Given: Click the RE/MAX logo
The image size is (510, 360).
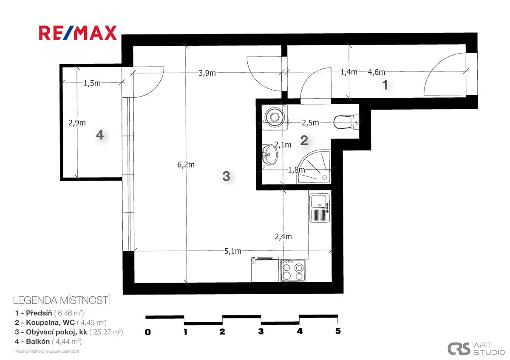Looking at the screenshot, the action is [78, 33].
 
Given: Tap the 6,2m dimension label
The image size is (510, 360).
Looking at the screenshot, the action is [186, 164].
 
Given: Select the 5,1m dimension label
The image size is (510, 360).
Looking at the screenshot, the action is [233, 251].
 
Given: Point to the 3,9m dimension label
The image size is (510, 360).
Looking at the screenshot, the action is [207, 73].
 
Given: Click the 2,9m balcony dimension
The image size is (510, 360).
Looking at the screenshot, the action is [77, 123].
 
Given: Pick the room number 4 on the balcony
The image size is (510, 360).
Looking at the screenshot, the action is [100, 135].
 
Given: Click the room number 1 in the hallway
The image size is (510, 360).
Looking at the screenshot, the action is [385, 85].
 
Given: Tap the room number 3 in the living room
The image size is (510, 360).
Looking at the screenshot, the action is [226, 176].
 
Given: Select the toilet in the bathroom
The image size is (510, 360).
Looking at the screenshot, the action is [346, 122].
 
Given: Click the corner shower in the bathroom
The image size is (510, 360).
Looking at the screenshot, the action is [314, 167].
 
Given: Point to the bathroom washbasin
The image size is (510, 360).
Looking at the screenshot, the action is [269, 155].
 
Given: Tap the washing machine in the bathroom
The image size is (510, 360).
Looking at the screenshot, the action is [275, 117].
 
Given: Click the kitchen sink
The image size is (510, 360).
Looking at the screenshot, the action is [320, 208].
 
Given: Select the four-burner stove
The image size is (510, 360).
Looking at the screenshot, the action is [293, 270].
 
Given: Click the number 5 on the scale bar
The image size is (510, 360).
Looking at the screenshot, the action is [338, 331].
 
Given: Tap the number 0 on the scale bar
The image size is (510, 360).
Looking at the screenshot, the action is [148, 332].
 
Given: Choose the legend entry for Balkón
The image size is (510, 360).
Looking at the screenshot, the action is [48, 342].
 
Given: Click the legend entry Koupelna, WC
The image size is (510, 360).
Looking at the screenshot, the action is [60, 323].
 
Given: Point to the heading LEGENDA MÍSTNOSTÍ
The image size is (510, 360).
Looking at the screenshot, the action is [62, 300].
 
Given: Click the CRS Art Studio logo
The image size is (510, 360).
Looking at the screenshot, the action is [476, 349].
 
